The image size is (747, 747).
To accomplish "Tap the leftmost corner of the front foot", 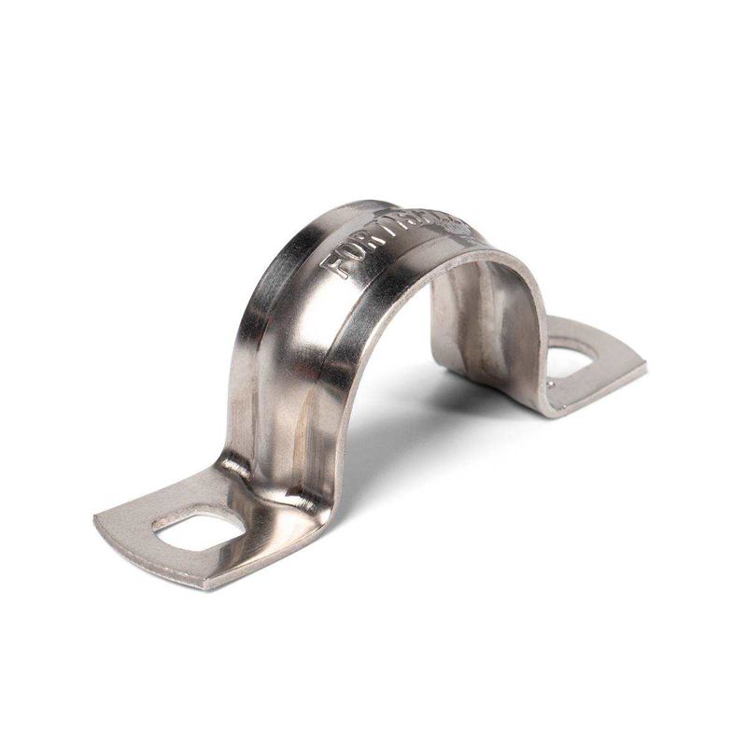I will click(x=95, y=516).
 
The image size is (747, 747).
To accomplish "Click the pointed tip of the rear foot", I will click(x=644, y=362).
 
